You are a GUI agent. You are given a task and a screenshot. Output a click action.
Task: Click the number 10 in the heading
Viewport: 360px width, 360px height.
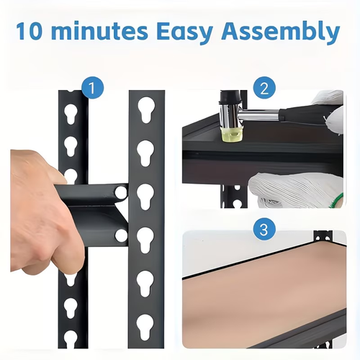[x=32, y=32]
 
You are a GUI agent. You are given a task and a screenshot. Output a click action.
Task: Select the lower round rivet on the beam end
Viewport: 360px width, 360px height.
[x=120, y=234]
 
